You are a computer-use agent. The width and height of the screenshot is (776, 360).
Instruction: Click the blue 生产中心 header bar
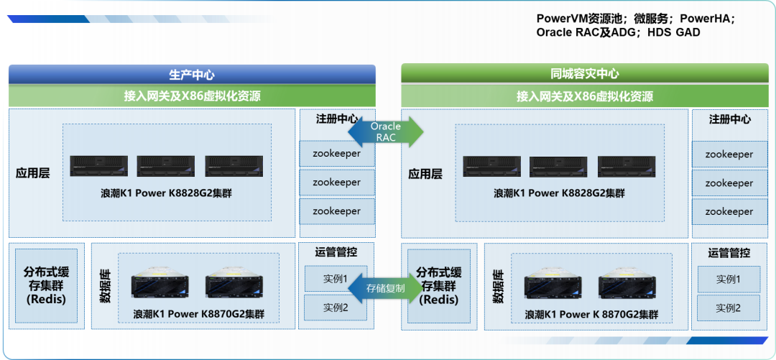tap(192, 74)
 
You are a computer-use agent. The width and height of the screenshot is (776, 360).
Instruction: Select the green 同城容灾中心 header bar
tap(584, 74)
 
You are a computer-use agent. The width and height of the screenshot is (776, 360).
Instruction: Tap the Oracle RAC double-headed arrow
tap(386, 131)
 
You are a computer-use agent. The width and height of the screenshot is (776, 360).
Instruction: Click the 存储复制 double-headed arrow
tap(386, 288)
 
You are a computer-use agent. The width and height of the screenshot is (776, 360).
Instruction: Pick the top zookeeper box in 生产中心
tap(336, 153)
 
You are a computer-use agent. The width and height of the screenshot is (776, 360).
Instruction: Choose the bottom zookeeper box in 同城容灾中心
tap(729, 211)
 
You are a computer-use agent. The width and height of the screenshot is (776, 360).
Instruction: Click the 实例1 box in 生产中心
tap(336, 278)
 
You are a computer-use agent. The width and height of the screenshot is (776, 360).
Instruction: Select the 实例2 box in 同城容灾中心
tap(728, 308)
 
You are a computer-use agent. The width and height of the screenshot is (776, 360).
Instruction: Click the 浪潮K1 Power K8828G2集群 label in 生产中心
tap(166, 193)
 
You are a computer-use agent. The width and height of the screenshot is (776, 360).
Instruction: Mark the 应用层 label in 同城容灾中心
tap(425, 173)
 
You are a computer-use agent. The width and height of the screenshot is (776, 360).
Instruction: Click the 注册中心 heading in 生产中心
tap(336, 119)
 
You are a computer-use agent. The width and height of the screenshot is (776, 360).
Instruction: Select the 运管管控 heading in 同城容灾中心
tap(729, 252)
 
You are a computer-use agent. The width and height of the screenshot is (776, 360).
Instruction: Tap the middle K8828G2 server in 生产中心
tap(166, 166)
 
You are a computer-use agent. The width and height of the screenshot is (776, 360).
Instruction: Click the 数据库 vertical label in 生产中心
tap(105, 286)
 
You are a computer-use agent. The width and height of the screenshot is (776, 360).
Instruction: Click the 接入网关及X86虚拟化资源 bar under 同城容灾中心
tap(584, 96)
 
